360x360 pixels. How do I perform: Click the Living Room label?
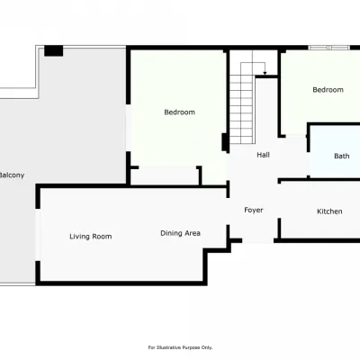click(91, 237)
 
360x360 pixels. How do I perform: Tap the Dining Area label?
click(180, 233)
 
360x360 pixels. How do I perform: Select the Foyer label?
click(254, 210)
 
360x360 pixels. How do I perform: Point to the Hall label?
click(263, 155)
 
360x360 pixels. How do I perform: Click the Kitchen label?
click(329, 211)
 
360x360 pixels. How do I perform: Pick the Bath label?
click(342, 156)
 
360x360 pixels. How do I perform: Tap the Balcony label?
click(12, 175)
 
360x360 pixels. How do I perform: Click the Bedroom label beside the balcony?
click(179, 112)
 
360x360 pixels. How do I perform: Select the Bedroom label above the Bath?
click(328, 90)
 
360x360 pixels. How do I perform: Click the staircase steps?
click(242, 103)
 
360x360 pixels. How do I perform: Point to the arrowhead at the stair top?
click(265, 73)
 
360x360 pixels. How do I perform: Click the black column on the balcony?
click(54, 50)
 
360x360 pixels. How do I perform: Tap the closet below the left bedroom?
click(165, 175)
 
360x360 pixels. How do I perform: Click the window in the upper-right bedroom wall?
click(329, 48)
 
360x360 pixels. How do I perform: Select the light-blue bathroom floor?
click(335, 151)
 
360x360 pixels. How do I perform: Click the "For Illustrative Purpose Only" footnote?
click(180, 347)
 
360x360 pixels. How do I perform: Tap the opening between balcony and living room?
click(38, 235)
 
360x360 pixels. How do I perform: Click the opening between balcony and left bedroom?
click(128, 128)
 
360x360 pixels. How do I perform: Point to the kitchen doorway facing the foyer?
click(279, 201)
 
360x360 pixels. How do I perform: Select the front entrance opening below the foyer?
click(258, 240)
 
